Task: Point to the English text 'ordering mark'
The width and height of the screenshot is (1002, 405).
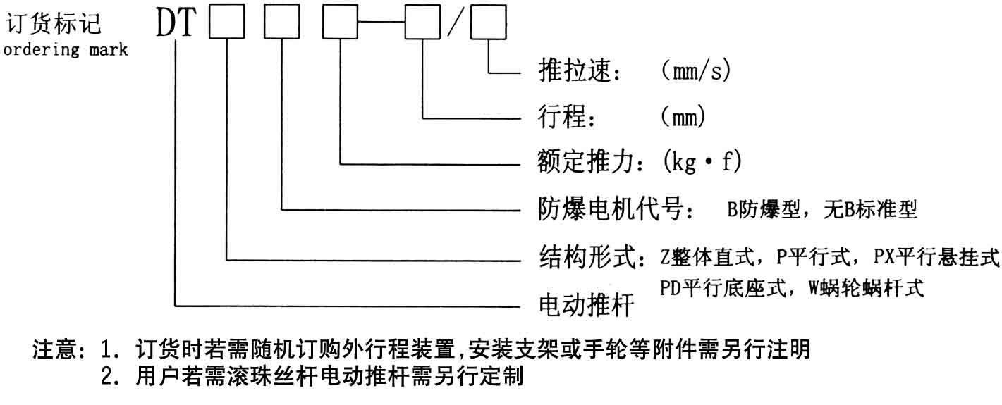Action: [x=66, y=50]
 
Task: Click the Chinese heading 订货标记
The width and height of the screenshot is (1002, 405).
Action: [x=54, y=25]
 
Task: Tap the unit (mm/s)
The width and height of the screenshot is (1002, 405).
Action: [x=695, y=72]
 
